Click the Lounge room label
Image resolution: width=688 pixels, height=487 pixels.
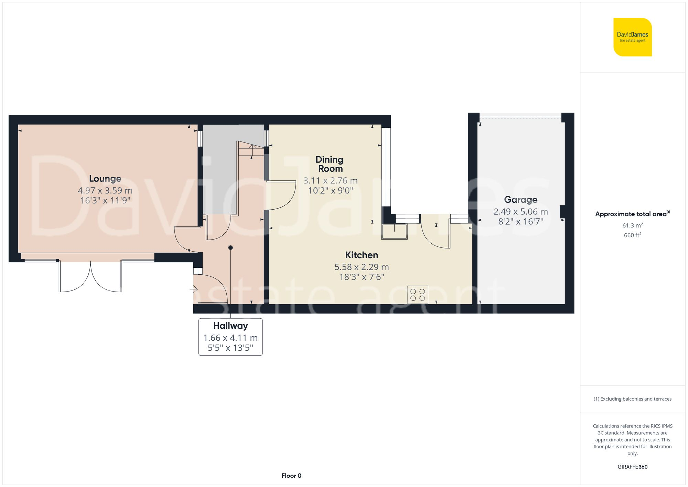click(105, 179)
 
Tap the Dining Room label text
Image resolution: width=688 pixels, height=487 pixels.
click(330, 164)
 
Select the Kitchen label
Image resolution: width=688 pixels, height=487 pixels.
click(362, 255)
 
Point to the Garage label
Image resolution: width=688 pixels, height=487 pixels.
click(520, 200)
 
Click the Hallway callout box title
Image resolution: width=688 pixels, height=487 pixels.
click(230, 326)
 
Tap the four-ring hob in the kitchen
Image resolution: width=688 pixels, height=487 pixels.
click(417, 295)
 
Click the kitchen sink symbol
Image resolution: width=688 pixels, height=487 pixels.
click(394, 232)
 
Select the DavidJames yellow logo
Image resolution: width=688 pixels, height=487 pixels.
click(632, 37)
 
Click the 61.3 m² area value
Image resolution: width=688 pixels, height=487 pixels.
click(632, 225)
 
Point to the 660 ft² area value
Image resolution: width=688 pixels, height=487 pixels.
click(632, 235)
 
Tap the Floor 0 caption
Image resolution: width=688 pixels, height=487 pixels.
click(291, 476)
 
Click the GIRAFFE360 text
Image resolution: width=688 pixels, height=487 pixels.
click(632, 467)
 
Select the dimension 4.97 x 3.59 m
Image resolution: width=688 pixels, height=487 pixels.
click(105, 190)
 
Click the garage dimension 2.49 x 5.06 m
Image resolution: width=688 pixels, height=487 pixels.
click(520, 212)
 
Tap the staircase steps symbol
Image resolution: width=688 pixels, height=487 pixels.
click(251, 150)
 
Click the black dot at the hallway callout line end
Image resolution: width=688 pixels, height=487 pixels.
click(230, 248)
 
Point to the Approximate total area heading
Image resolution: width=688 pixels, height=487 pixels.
click(632, 214)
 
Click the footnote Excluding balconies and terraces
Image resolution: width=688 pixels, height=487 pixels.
click(632, 399)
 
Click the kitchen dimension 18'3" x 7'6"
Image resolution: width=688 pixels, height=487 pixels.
click(362, 277)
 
